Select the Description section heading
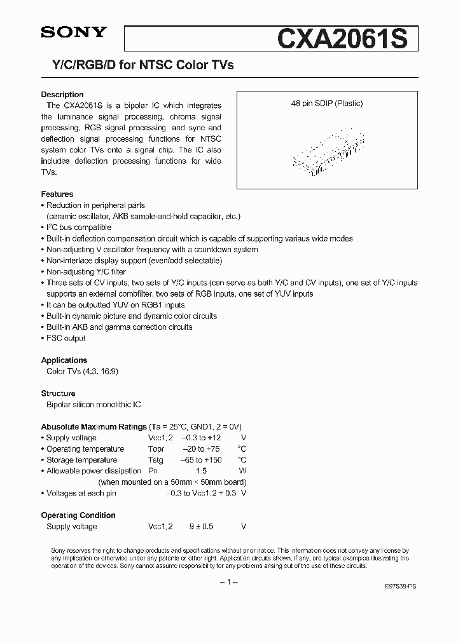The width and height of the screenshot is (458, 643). pos(62,95)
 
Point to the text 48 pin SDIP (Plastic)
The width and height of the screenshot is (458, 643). pos(326,104)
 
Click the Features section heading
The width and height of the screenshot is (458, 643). pos(57,194)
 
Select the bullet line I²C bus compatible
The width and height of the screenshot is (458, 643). pos(78,227)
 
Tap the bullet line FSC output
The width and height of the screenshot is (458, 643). pos(66,338)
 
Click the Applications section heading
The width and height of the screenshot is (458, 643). pos(64,360)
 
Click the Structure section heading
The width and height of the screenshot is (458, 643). pos(58,393)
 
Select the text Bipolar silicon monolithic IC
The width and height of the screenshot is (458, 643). pos(94,405)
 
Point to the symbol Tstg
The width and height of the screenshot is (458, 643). pos(156,460)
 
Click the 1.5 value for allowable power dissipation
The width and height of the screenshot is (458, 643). pos(202,471)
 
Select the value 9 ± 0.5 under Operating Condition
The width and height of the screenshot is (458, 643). pos(202,527)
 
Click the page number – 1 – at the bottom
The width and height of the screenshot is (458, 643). pos(228,583)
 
